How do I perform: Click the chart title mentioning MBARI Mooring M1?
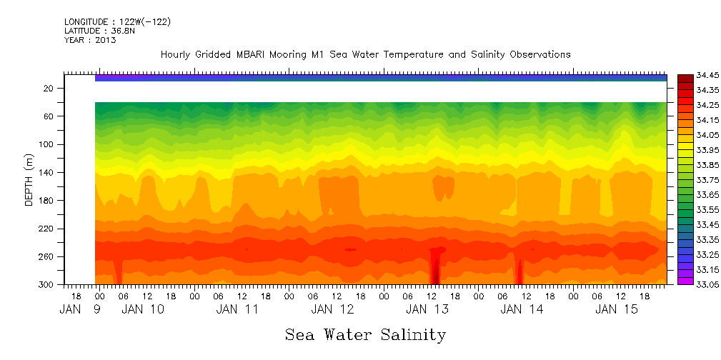click(x=365, y=54)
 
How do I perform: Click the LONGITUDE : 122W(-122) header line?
click(x=117, y=22)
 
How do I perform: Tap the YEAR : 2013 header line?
click(x=90, y=40)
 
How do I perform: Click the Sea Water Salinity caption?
click(x=365, y=334)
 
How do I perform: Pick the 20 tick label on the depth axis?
click(x=49, y=89)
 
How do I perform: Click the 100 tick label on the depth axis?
click(x=47, y=145)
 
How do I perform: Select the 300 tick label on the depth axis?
click(x=47, y=285)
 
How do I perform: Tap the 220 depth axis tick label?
click(x=47, y=229)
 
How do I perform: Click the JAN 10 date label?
click(x=143, y=309)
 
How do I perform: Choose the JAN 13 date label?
click(x=427, y=309)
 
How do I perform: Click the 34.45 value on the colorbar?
click(x=697, y=75)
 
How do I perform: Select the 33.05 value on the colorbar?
click(x=697, y=285)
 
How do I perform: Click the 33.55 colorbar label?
click(x=697, y=210)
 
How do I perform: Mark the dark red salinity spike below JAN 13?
click(x=435, y=268)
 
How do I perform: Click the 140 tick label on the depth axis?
click(x=47, y=173)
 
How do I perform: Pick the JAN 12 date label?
click(x=332, y=309)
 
